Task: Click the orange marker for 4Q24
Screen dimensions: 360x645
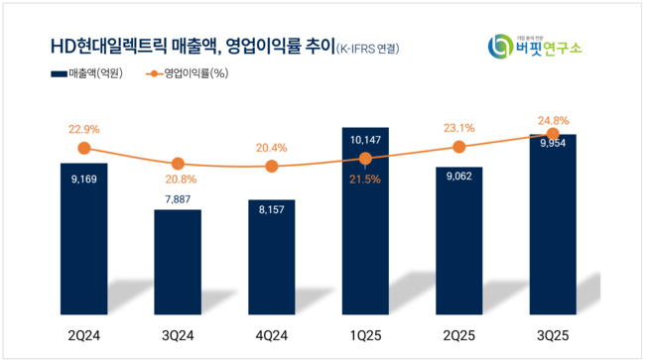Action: click(x=271, y=167)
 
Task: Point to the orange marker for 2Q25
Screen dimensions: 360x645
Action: click(x=458, y=147)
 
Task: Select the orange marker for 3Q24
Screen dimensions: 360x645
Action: click(x=177, y=164)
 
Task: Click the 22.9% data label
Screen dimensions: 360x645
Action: click(x=83, y=128)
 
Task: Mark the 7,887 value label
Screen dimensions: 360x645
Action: click(x=177, y=197)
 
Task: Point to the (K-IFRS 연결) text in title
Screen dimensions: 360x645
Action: click(x=372, y=48)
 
